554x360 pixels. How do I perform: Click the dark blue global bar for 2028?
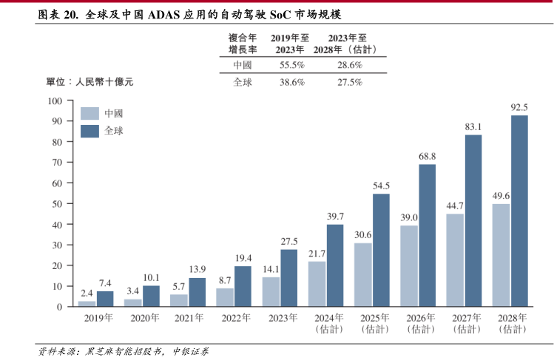(x=519, y=211)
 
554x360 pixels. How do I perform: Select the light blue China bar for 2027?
(x=455, y=259)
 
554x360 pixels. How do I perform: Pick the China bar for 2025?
(x=362, y=274)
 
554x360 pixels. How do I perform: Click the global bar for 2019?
(x=105, y=299)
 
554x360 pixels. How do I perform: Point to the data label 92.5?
(x=519, y=107)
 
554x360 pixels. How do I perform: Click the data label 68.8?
(x=427, y=156)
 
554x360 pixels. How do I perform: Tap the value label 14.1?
(x=271, y=269)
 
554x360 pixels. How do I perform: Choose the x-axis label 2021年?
(x=189, y=319)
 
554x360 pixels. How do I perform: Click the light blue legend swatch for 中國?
(x=89, y=113)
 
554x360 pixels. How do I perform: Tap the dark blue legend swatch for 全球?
(x=89, y=131)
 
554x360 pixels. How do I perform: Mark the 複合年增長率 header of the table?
(x=243, y=43)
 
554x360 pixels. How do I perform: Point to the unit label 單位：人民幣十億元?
(x=89, y=82)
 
